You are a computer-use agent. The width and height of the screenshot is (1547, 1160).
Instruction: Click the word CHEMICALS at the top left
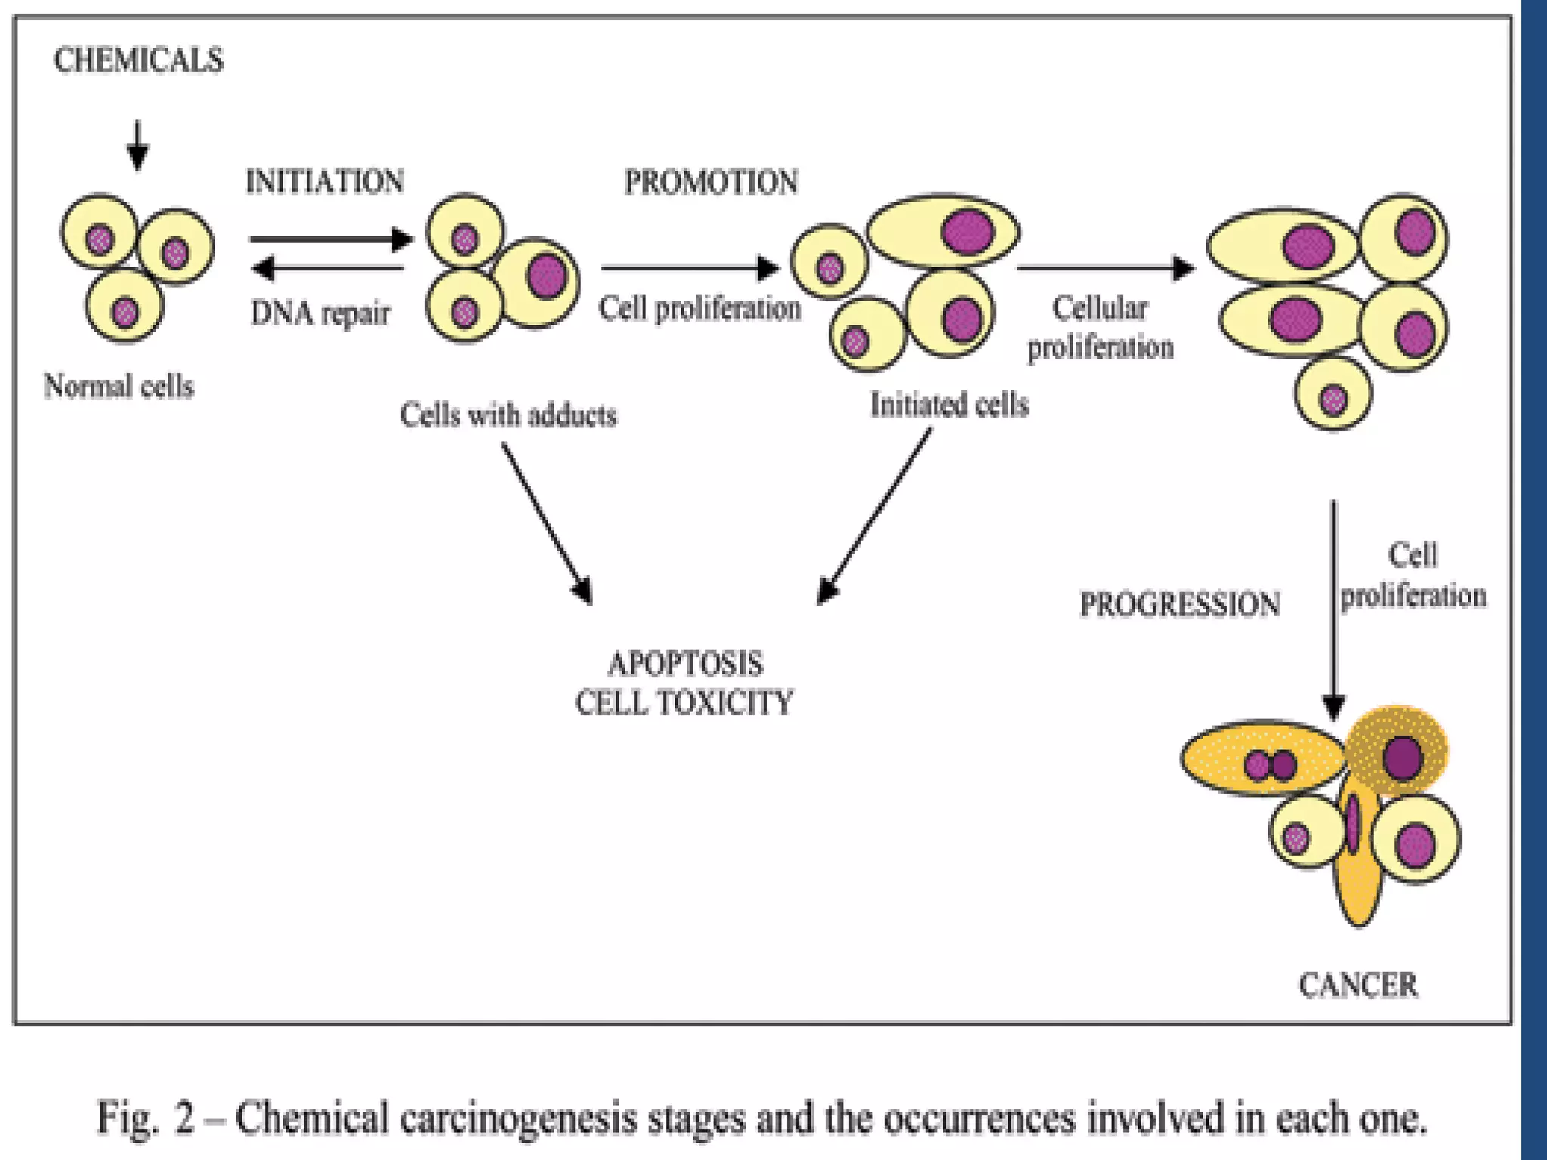point(139,60)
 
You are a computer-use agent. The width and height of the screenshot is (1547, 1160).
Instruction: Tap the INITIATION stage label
point(325,182)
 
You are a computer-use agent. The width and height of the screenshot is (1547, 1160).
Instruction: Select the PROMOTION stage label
point(711,182)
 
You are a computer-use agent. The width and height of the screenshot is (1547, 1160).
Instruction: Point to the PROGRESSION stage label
point(1179,605)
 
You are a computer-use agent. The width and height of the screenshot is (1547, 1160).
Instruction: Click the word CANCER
point(1358,986)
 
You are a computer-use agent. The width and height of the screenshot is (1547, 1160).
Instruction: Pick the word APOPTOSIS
point(685,665)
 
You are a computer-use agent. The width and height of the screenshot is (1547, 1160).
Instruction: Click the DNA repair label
point(320,313)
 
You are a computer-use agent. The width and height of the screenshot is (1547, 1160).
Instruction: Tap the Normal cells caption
point(119,387)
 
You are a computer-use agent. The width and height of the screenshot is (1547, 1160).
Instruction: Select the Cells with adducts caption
point(508,415)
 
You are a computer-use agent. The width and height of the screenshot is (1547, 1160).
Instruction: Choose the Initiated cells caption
point(950,405)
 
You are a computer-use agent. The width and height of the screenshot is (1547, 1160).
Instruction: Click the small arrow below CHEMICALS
point(137,146)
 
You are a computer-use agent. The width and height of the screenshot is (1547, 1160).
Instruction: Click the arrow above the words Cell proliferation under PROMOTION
point(690,267)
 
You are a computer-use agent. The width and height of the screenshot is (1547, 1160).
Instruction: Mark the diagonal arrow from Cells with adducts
point(547,523)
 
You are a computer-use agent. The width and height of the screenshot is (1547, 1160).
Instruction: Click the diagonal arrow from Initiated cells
point(874,517)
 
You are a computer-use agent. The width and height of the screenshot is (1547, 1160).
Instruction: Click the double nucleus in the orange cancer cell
point(1271,765)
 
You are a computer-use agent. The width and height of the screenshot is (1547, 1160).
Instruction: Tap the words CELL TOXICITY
point(684,703)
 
